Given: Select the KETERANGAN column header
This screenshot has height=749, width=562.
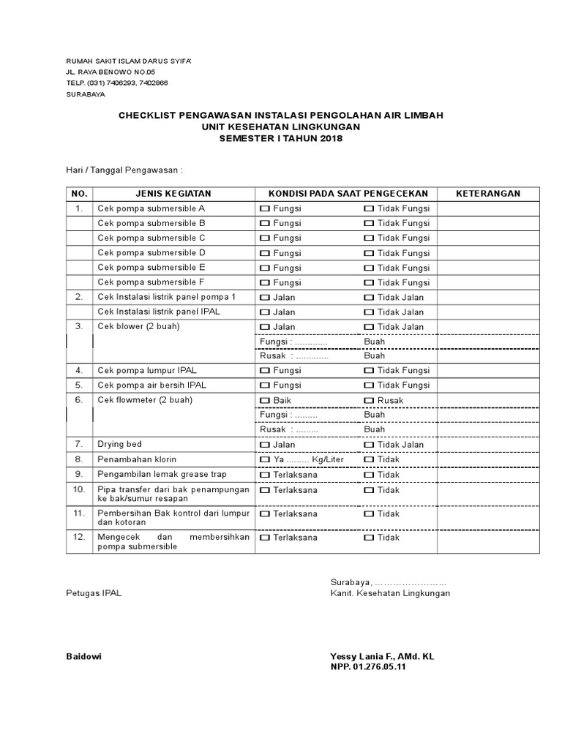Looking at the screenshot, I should point(488,193).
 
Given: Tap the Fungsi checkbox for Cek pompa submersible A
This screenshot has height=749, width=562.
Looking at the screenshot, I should point(264,208).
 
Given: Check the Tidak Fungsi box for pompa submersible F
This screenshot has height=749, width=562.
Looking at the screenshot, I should point(369,282).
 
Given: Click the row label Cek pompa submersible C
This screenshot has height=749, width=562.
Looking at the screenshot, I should point(151,238).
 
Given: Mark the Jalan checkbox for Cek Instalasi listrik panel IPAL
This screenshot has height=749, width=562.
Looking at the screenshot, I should point(264,312).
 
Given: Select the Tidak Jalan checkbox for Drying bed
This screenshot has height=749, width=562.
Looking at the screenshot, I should point(369,445).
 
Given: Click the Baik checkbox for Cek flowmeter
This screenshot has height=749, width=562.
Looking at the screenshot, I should point(264,401).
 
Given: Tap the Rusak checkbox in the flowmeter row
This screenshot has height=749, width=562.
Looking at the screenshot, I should point(369,401).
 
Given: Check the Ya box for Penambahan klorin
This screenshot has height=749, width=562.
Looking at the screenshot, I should point(264,459).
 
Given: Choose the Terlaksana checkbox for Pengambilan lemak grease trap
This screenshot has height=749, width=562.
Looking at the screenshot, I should point(264,475).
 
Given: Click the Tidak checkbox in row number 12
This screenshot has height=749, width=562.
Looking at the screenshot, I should point(369,538).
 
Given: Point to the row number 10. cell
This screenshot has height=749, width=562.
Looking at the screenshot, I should point(79,489).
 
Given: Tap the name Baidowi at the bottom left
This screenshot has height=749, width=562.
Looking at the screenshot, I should point(83,656).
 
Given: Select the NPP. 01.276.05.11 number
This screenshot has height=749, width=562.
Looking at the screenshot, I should point(367,668).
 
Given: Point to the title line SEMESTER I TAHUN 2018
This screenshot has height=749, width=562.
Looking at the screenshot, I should point(281,139).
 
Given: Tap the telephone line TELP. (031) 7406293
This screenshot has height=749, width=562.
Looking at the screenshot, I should point(117,83).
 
